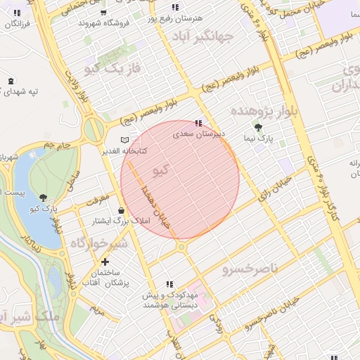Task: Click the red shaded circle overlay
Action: [x=180, y=179]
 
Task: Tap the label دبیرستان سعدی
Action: [x=198, y=132]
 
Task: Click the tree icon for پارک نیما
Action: [x=259, y=127]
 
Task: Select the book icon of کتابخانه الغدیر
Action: [x=125, y=140]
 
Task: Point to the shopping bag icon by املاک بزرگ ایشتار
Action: [x=122, y=210]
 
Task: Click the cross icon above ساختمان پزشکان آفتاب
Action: [x=105, y=262]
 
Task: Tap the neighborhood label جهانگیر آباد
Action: [x=224, y=38]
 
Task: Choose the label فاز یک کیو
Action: [x=112, y=68]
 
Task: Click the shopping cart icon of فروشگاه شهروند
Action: [x=104, y=13]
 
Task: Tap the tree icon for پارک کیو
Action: [x=44, y=198]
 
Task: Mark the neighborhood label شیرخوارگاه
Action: [x=98, y=243]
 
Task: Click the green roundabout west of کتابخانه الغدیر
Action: [x=92, y=130]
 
